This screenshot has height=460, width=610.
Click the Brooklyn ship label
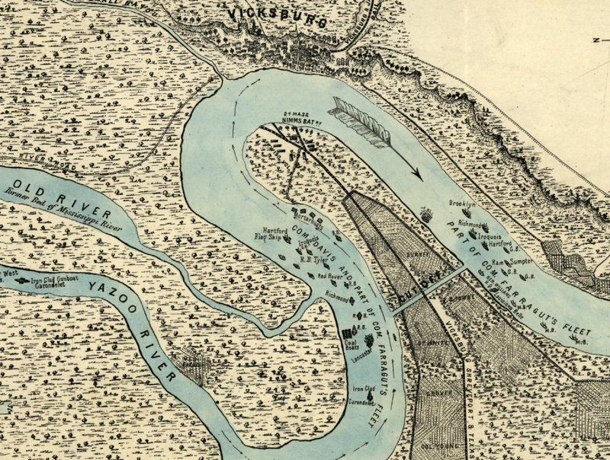coord(462,204)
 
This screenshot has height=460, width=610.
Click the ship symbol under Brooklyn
coord(464,214)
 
